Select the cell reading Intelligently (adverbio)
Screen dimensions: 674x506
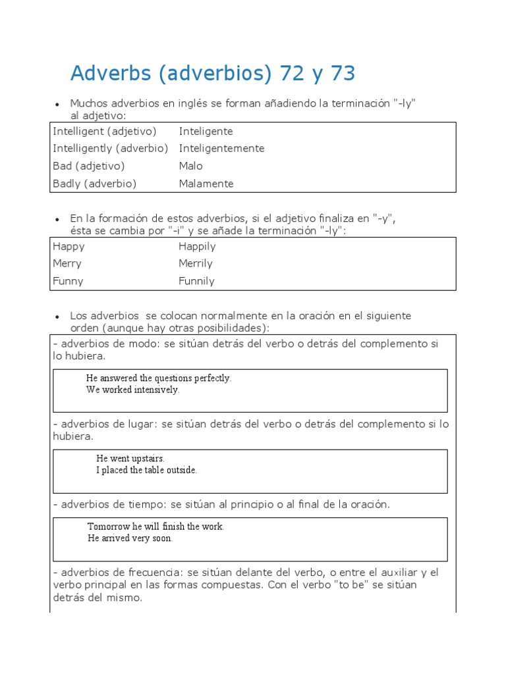click(x=111, y=149)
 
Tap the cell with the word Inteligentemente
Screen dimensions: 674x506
click(x=221, y=149)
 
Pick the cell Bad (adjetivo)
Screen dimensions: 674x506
click(x=88, y=166)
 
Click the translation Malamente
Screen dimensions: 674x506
click(x=206, y=184)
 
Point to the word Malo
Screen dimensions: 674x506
click(x=190, y=166)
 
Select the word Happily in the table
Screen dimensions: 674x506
click(x=197, y=247)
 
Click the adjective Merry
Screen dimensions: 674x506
click(x=67, y=264)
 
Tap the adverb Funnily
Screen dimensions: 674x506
click(x=196, y=281)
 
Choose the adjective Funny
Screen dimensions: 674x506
click(x=68, y=281)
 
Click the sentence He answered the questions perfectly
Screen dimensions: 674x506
click(x=159, y=378)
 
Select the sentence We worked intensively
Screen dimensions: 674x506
click(x=132, y=390)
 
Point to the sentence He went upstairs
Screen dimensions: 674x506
click(x=130, y=459)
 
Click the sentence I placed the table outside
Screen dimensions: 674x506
click(x=146, y=470)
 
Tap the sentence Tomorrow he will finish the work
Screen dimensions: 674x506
click(x=155, y=527)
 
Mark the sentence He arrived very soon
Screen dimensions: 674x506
click(x=130, y=538)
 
